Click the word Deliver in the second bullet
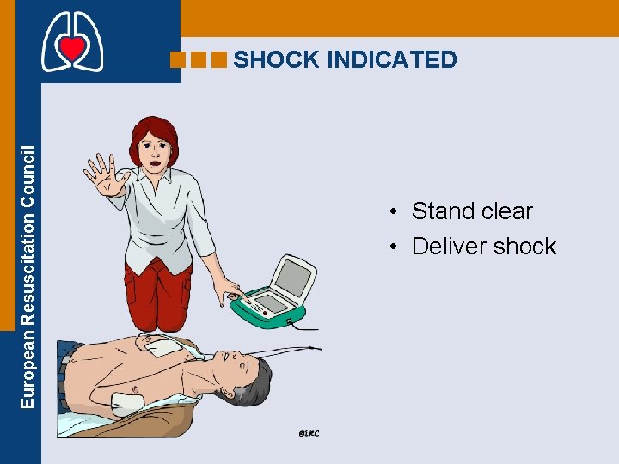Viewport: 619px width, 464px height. click(x=451, y=246)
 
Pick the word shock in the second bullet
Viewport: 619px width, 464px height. click(x=526, y=246)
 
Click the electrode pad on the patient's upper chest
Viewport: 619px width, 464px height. click(x=161, y=345)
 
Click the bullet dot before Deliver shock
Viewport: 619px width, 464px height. click(x=391, y=247)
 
